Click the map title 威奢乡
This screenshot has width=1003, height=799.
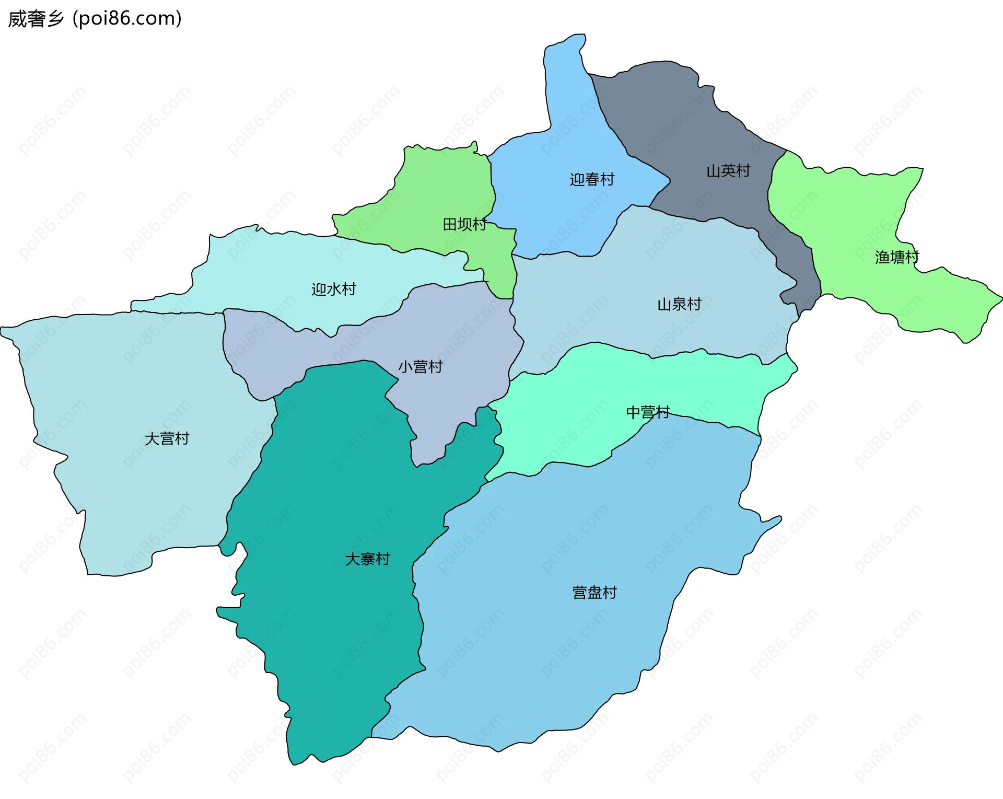pos(36,19)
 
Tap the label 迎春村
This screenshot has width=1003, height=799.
pos(592,180)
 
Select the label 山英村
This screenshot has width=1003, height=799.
pos(728,171)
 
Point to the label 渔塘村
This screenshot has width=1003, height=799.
pos(897,257)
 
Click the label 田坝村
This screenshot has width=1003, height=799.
pos(464,225)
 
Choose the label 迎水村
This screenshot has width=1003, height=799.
pos(334,289)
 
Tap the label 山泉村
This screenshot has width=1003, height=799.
pos(679,304)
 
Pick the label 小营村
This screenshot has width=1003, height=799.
pos(420,367)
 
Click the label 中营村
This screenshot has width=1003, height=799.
pos(648,412)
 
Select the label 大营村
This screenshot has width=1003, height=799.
pos(167,438)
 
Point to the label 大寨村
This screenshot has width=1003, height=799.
pos(367,559)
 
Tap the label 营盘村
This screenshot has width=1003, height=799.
pos(594,593)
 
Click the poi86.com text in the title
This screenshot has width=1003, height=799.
pos(127,19)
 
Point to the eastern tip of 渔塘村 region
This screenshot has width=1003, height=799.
pos(1001,298)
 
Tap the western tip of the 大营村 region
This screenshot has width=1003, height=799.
pos(2,330)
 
